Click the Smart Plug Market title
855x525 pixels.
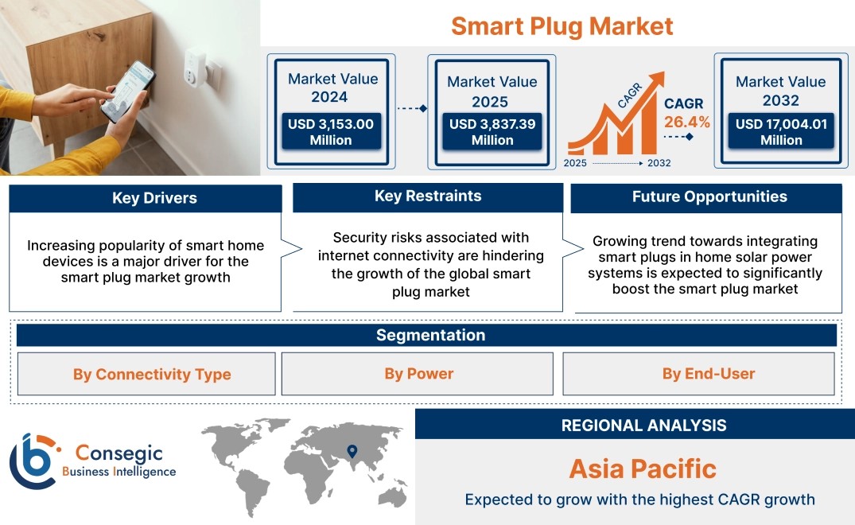pos(562,26)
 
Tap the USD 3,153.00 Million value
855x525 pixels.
pos(331,132)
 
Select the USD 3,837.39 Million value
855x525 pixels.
pos(492,132)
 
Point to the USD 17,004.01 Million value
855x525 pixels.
pos(781,132)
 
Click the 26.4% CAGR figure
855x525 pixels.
pos(687,122)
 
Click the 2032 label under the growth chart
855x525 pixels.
pos(659,163)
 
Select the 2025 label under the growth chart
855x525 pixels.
pos(575,163)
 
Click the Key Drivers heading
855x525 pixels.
pos(154,198)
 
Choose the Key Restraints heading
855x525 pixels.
pos(428,196)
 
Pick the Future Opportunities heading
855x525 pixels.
pos(709,196)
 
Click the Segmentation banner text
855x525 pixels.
pos(431,335)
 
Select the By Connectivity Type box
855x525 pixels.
pos(146,374)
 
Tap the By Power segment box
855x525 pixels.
pos(417,373)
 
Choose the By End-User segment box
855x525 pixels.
pos(698,373)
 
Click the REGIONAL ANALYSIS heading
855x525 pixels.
pos(644,426)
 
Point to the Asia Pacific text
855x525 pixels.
pos(643,469)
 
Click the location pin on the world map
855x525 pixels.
pos(352,451)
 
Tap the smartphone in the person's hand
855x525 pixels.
pos(127,91)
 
